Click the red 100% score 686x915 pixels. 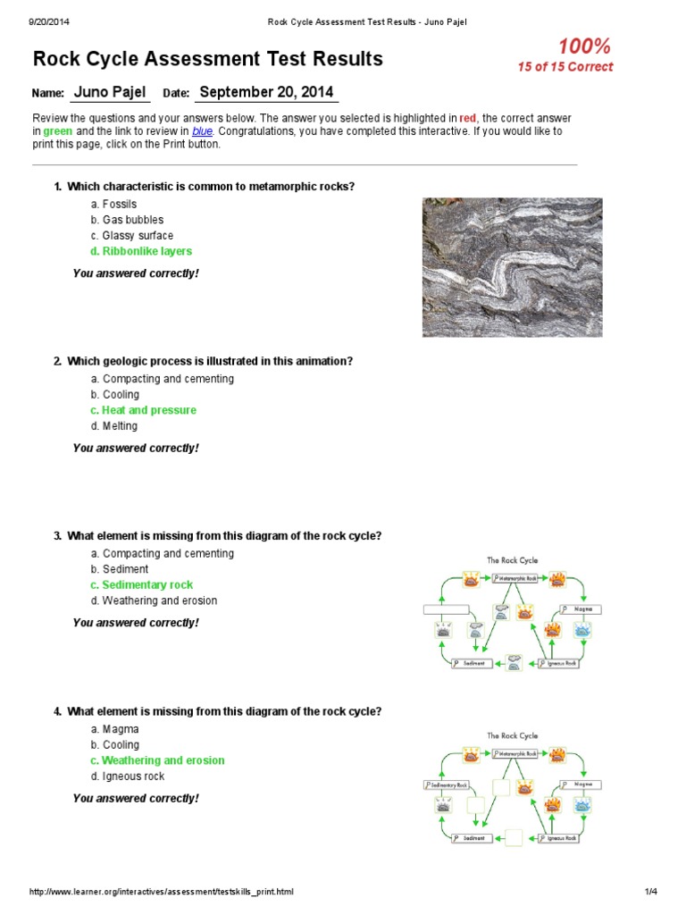pos(585,46)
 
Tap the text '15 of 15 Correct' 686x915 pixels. pos(565,67)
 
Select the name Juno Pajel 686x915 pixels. pos(109,92)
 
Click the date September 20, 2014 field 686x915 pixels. pos(265,92)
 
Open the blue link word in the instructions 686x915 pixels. pos(202,131)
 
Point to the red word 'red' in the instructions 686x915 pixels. pos(468,118)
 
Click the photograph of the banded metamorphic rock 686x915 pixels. pos(512,267)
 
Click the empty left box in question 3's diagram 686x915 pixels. pos(446,609)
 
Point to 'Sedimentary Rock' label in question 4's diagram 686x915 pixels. pos(446,785)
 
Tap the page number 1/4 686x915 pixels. pos(650,892)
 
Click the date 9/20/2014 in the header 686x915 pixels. pos(50,21)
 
